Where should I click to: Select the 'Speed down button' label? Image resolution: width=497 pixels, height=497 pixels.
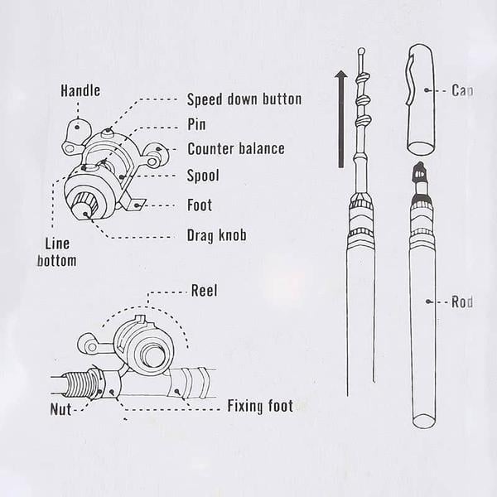point(244,99)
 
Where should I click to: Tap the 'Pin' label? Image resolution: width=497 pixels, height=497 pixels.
point(196,125)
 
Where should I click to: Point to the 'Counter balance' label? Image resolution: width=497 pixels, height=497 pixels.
point(235,149)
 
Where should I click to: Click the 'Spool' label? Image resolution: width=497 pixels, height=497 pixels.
point(203,176)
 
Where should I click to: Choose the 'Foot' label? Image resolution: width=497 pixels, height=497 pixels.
point(199,205)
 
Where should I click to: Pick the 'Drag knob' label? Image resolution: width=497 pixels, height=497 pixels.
point(216,235)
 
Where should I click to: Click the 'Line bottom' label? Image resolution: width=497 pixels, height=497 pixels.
point(56,253)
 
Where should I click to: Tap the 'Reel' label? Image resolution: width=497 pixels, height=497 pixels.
point(205,291)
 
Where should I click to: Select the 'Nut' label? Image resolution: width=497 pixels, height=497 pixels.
point(59,408)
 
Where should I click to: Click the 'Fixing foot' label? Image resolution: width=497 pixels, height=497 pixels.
point(259,406)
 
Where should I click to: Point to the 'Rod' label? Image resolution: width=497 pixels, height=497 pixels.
point(462,302)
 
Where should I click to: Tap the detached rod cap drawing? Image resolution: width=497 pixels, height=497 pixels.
point(422,99)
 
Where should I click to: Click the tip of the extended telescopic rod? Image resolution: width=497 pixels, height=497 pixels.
point(360,51)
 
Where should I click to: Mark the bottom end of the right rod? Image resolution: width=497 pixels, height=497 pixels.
point(423,420)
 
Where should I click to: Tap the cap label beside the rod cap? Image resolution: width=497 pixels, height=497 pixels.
point(462,90)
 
